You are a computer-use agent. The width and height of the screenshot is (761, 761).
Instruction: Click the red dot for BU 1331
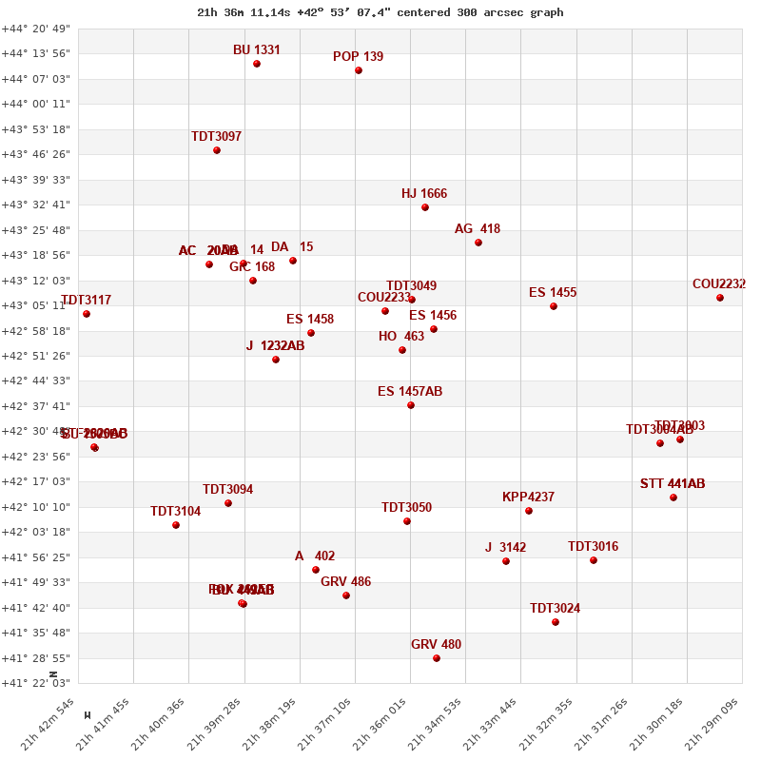(x=257, y=64)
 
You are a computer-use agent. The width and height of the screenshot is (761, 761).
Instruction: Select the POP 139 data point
(x=359, y=70)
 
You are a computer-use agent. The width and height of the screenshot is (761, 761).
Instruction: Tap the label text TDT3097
(x=216, y=137)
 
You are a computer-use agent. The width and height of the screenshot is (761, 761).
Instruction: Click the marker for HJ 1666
(x=425, y=207)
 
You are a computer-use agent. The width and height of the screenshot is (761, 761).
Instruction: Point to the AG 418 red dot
(x=478, y=243)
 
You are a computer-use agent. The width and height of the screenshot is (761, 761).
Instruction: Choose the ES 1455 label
(x=553, y=293)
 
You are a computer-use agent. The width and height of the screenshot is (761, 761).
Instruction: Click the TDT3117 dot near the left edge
(x=87, y=314)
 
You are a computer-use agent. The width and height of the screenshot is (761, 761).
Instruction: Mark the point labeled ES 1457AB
(x=411, y=405)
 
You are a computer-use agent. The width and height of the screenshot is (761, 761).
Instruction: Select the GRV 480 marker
(x=437, y=658)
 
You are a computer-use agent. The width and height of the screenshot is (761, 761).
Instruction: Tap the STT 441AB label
(x=673, y=484)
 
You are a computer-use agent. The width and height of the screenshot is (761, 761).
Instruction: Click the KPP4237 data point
(x=529, y=511)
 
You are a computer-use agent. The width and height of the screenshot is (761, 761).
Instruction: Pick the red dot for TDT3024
(x=556, y=622)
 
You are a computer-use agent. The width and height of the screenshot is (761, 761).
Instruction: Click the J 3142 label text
(x=505, y=548)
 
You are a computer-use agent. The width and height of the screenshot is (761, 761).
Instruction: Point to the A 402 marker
(x=316, y=570)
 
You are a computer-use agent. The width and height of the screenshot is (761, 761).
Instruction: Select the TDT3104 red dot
(x=176, y=525)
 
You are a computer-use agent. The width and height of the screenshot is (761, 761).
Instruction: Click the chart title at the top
(x=380, y=12)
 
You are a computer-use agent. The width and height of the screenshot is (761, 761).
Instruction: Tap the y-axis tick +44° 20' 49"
(x=36, y=29)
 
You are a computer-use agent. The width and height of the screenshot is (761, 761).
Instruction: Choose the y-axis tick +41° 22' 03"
(x=36, y=683)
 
